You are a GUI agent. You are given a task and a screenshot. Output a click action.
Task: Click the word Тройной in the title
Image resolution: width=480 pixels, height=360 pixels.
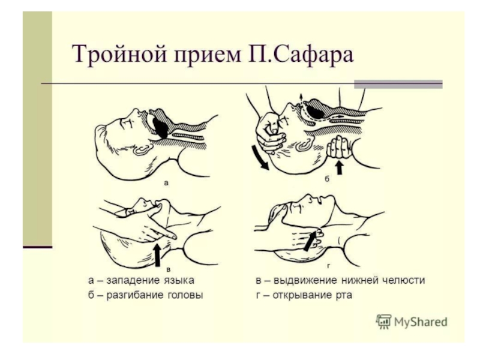[x=119, y=54]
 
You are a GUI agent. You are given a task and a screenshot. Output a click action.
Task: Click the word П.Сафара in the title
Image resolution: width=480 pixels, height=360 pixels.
[x=301, y=54]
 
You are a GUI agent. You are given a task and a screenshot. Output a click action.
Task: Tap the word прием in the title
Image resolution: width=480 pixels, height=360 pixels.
[x=208, y=56]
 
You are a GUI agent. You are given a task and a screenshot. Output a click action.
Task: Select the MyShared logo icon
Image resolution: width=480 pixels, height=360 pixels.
[x=383, y=322]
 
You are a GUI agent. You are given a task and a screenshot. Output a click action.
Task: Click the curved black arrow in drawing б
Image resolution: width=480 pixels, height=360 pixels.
[x=260, y=158]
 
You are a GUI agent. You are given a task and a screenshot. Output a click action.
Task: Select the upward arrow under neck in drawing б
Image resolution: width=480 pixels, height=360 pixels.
[x=339, y=167]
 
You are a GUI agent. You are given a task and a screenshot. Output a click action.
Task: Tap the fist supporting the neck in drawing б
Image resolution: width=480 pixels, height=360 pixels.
[x=339, y=147]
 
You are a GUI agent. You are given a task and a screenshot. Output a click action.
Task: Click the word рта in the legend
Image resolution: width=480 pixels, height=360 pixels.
[x=343, y=296]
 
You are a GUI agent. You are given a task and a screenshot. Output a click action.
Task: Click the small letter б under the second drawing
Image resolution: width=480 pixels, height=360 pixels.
[x=327, y=179]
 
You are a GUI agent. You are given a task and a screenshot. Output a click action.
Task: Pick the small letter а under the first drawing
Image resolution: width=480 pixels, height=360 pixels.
[x=166, y=184]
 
